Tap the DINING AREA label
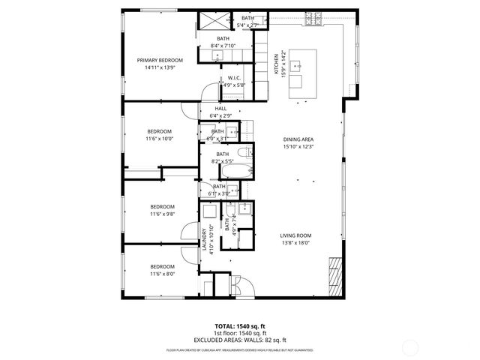click(x=298, y=139)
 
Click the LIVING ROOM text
click(x=295, y=235)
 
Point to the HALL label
click(x=220, y=108)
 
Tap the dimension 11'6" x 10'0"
click(x=160, y=138)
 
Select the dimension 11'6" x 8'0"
click(x=162, y=274)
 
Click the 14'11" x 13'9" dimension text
click(x=160, y=67)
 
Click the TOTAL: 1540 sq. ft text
click(x=239, y=327)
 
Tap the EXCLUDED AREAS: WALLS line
click(x=239, y=340)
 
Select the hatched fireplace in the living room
click(x=335, y=274)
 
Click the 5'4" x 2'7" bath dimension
click(x=247, y=25)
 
